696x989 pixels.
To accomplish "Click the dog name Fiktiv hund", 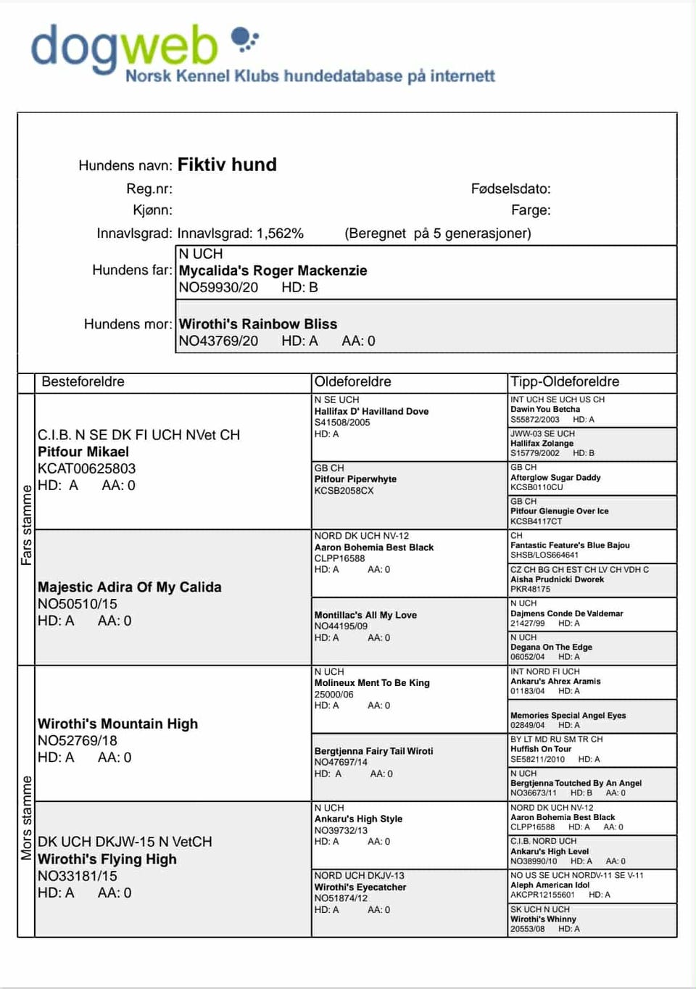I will pyautogui.click(x=227, y=165).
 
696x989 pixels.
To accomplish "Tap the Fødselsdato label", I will pyautogui.click(x=510, y=189).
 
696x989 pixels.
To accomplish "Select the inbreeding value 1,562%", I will pyautogui.click(x=280, y=233).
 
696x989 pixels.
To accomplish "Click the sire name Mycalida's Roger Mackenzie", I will pyautogui.click(x=273, y=270).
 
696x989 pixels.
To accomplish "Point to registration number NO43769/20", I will pyautogui.click(x=218, y=341).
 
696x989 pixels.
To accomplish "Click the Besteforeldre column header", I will pyautogui.click(x=83, y=382).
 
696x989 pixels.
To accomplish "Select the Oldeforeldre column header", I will pyautogui.click(x=352, y=382).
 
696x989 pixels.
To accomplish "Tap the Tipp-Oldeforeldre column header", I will pyautogui.click(x=564, y=382).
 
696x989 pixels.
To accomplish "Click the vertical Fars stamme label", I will pyautogui.click(x=27, y=525).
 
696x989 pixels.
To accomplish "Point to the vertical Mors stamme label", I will pyautogui.click(x=27, y=818).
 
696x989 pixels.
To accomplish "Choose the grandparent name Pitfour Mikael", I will pyautogui.click(x=83, y=452).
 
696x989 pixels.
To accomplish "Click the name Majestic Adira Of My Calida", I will pyautogui.click(x=129, y=587).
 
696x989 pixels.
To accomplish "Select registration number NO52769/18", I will pyautogui.click(x=77, y=740).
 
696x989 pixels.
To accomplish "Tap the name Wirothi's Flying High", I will pyautogui.click(x=107, y=859).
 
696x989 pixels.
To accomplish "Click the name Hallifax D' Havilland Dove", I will pyautogui.click(x=371, y=411).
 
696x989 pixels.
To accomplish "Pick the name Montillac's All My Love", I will pyautogui.click(x=365, y=615).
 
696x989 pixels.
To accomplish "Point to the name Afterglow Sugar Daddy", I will pyautogui.click(x=555, y=478).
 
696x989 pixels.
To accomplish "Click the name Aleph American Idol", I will pyautogui.click(x=550, y=885).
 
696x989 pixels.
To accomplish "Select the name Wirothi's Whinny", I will pyautogui.click(x=543, y=919).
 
